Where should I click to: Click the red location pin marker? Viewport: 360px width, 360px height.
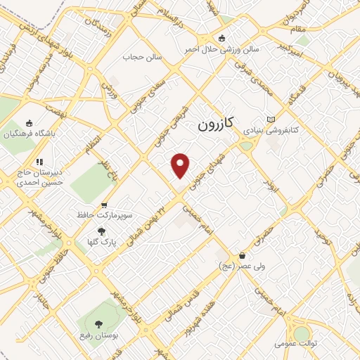pyautogui.click(x=181, y=166)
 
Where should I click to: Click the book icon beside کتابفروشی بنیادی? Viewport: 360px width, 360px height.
pyautogui.click(x=271, y=119)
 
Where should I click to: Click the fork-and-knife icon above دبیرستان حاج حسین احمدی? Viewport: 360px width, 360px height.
pyautogui.click(x=40, y=162)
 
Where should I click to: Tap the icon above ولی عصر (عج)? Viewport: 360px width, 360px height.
pyautogui.click(x=243, y=256)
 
